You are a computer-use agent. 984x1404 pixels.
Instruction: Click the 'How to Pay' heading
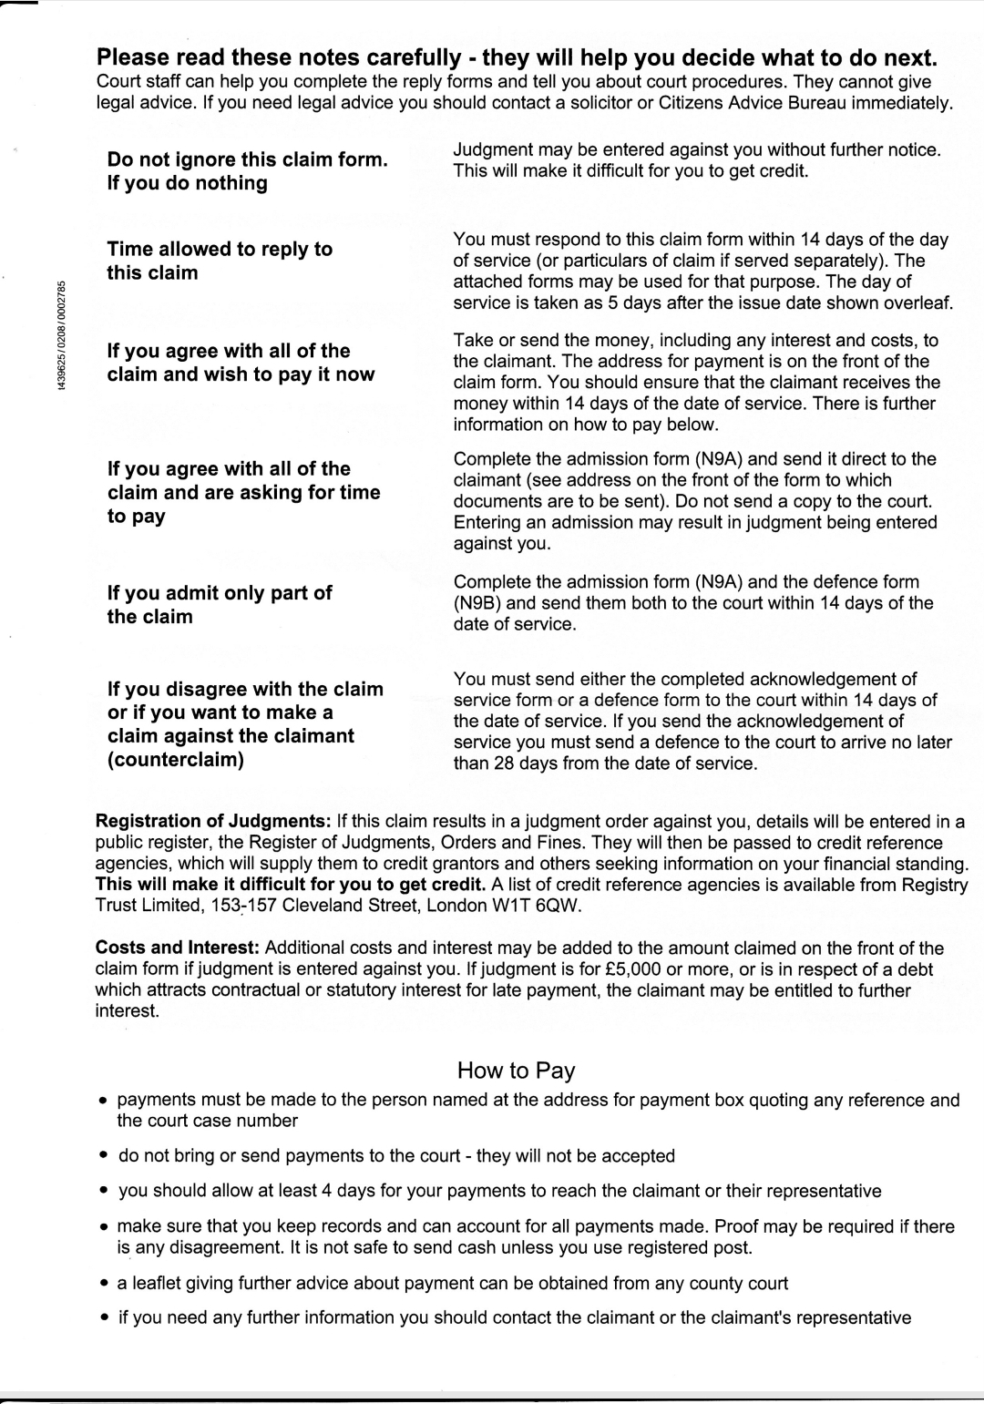(x=516, y=1070)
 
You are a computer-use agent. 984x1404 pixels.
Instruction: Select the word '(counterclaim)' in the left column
(x=176, y=759)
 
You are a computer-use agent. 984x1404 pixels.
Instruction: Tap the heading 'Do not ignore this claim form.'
(x=248, y=159)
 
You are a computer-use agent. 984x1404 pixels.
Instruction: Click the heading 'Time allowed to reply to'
(x=220, y=249)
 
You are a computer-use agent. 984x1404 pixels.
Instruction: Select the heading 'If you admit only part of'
(x=220, y=593)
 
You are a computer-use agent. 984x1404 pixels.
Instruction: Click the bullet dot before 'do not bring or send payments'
(x=105, y=1156)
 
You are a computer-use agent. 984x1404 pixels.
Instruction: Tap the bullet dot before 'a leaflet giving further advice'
(x=105, y=1284)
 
